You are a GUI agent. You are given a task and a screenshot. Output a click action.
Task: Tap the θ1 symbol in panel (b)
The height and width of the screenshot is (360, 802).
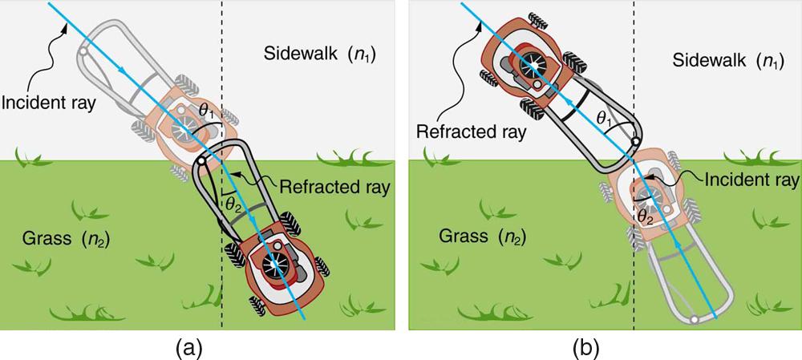[x=603, y=119]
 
